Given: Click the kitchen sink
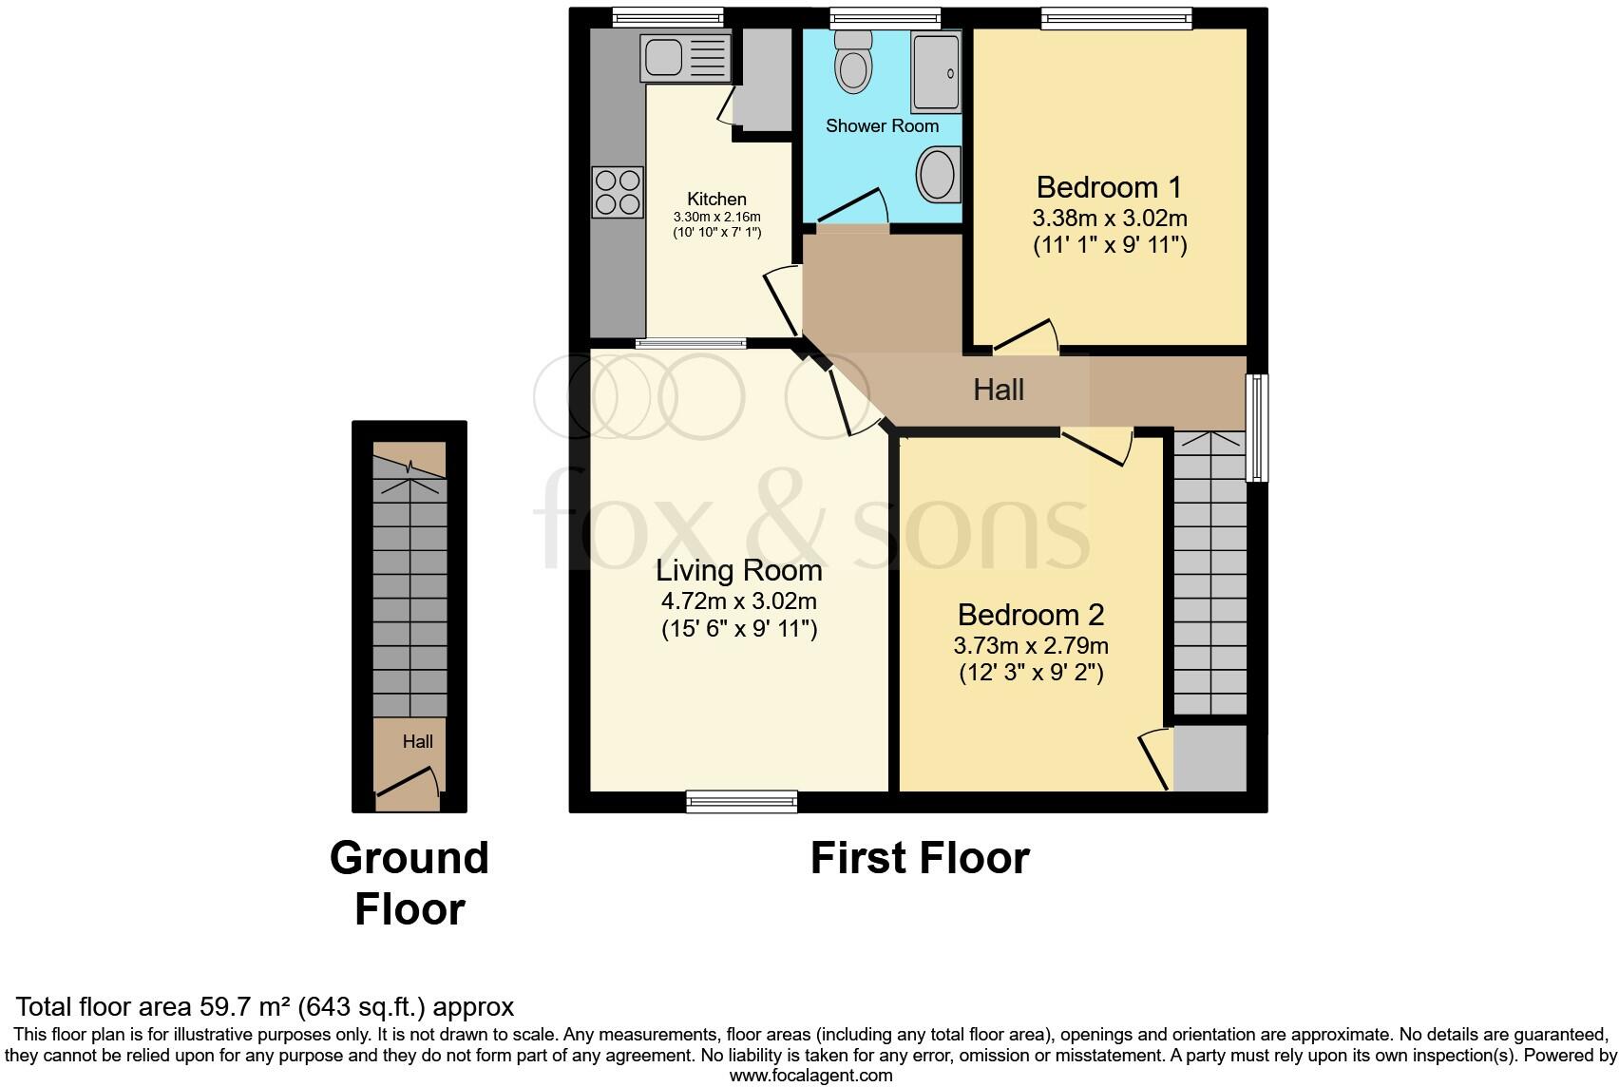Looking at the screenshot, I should coord(685,57).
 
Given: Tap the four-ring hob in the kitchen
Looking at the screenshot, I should coord(618,191).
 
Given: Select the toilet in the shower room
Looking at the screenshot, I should coord(853,63).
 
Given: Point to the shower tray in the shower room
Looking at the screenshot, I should coord(936,71).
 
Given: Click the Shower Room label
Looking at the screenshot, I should coord(882,125).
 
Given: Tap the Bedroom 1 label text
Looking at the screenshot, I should coord(1109,186).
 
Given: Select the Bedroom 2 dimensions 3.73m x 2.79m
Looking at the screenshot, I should coord(1031,646).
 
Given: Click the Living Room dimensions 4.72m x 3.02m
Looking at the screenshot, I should coord(739,601).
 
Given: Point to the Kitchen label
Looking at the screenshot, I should coord(716,199).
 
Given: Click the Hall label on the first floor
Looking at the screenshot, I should coord(998,390).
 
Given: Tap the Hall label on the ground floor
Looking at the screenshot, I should coord(417,741).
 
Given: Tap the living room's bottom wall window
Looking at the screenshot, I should coord(741,802).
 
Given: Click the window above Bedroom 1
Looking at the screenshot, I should coord(1115,17).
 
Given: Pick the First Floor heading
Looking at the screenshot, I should coord(919,858).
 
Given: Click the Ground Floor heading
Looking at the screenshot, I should coord(410,884).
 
